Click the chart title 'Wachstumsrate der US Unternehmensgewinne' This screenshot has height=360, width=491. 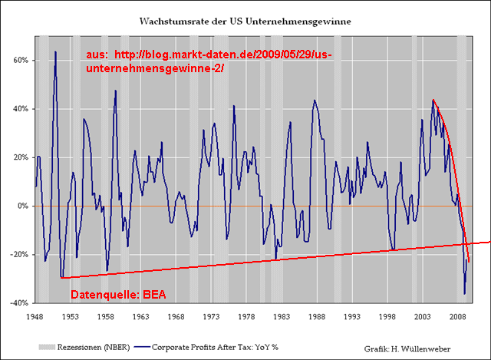(x=245, y=22)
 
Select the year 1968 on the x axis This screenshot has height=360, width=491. (x=176, y=315)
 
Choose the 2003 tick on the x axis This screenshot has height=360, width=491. (x=423, y=315)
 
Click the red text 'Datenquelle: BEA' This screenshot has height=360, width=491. (x=118, y=295)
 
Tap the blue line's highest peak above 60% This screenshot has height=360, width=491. (x=55, y=51)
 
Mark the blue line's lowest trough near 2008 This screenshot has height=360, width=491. (x=464, y=293)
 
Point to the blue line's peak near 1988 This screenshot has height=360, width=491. (x=314, y=100)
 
